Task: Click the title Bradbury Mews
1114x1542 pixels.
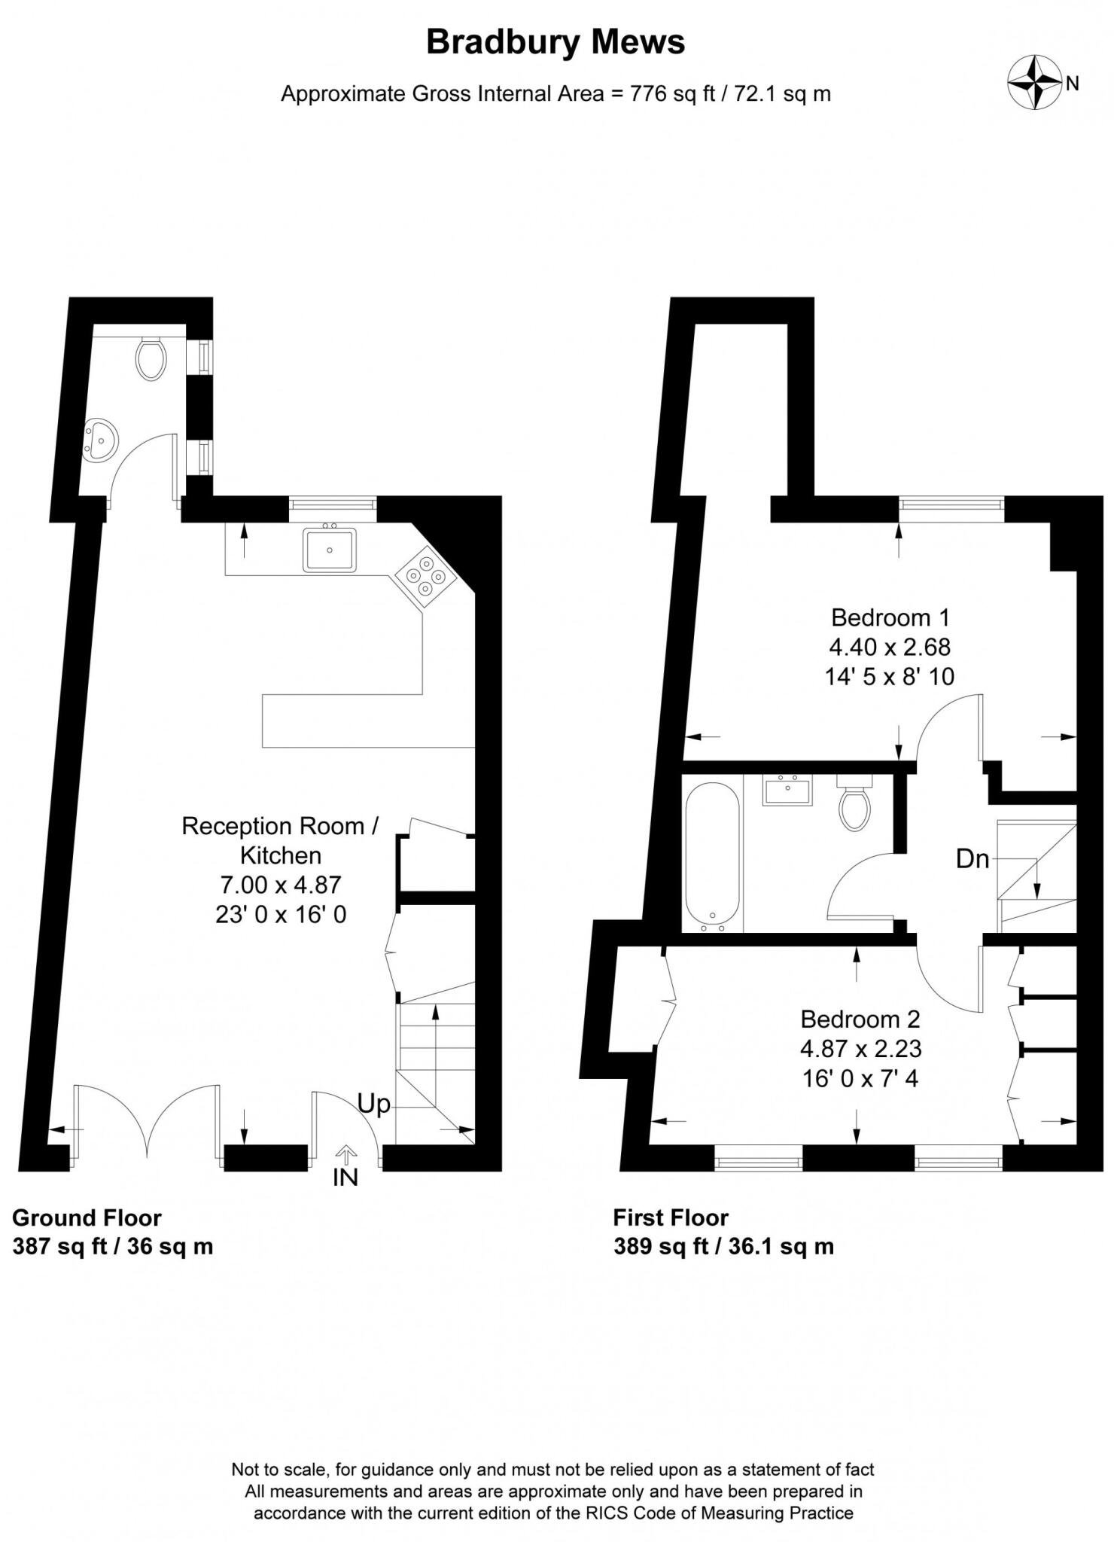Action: [555, 42]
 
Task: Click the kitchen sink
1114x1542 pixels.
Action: [330, 549]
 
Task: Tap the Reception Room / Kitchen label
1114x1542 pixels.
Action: [281, 840]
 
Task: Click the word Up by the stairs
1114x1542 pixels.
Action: [374, 1104]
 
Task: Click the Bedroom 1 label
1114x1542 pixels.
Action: [890, 617]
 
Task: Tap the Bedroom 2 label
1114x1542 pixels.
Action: [860, 1019]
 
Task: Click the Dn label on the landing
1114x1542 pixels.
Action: [972, 858]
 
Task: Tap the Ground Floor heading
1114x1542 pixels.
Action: [87, 1217]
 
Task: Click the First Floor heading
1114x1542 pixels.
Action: [671, 1217]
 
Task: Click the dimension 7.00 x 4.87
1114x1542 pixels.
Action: [281, 885]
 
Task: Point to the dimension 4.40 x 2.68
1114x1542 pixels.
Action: [890, 647]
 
